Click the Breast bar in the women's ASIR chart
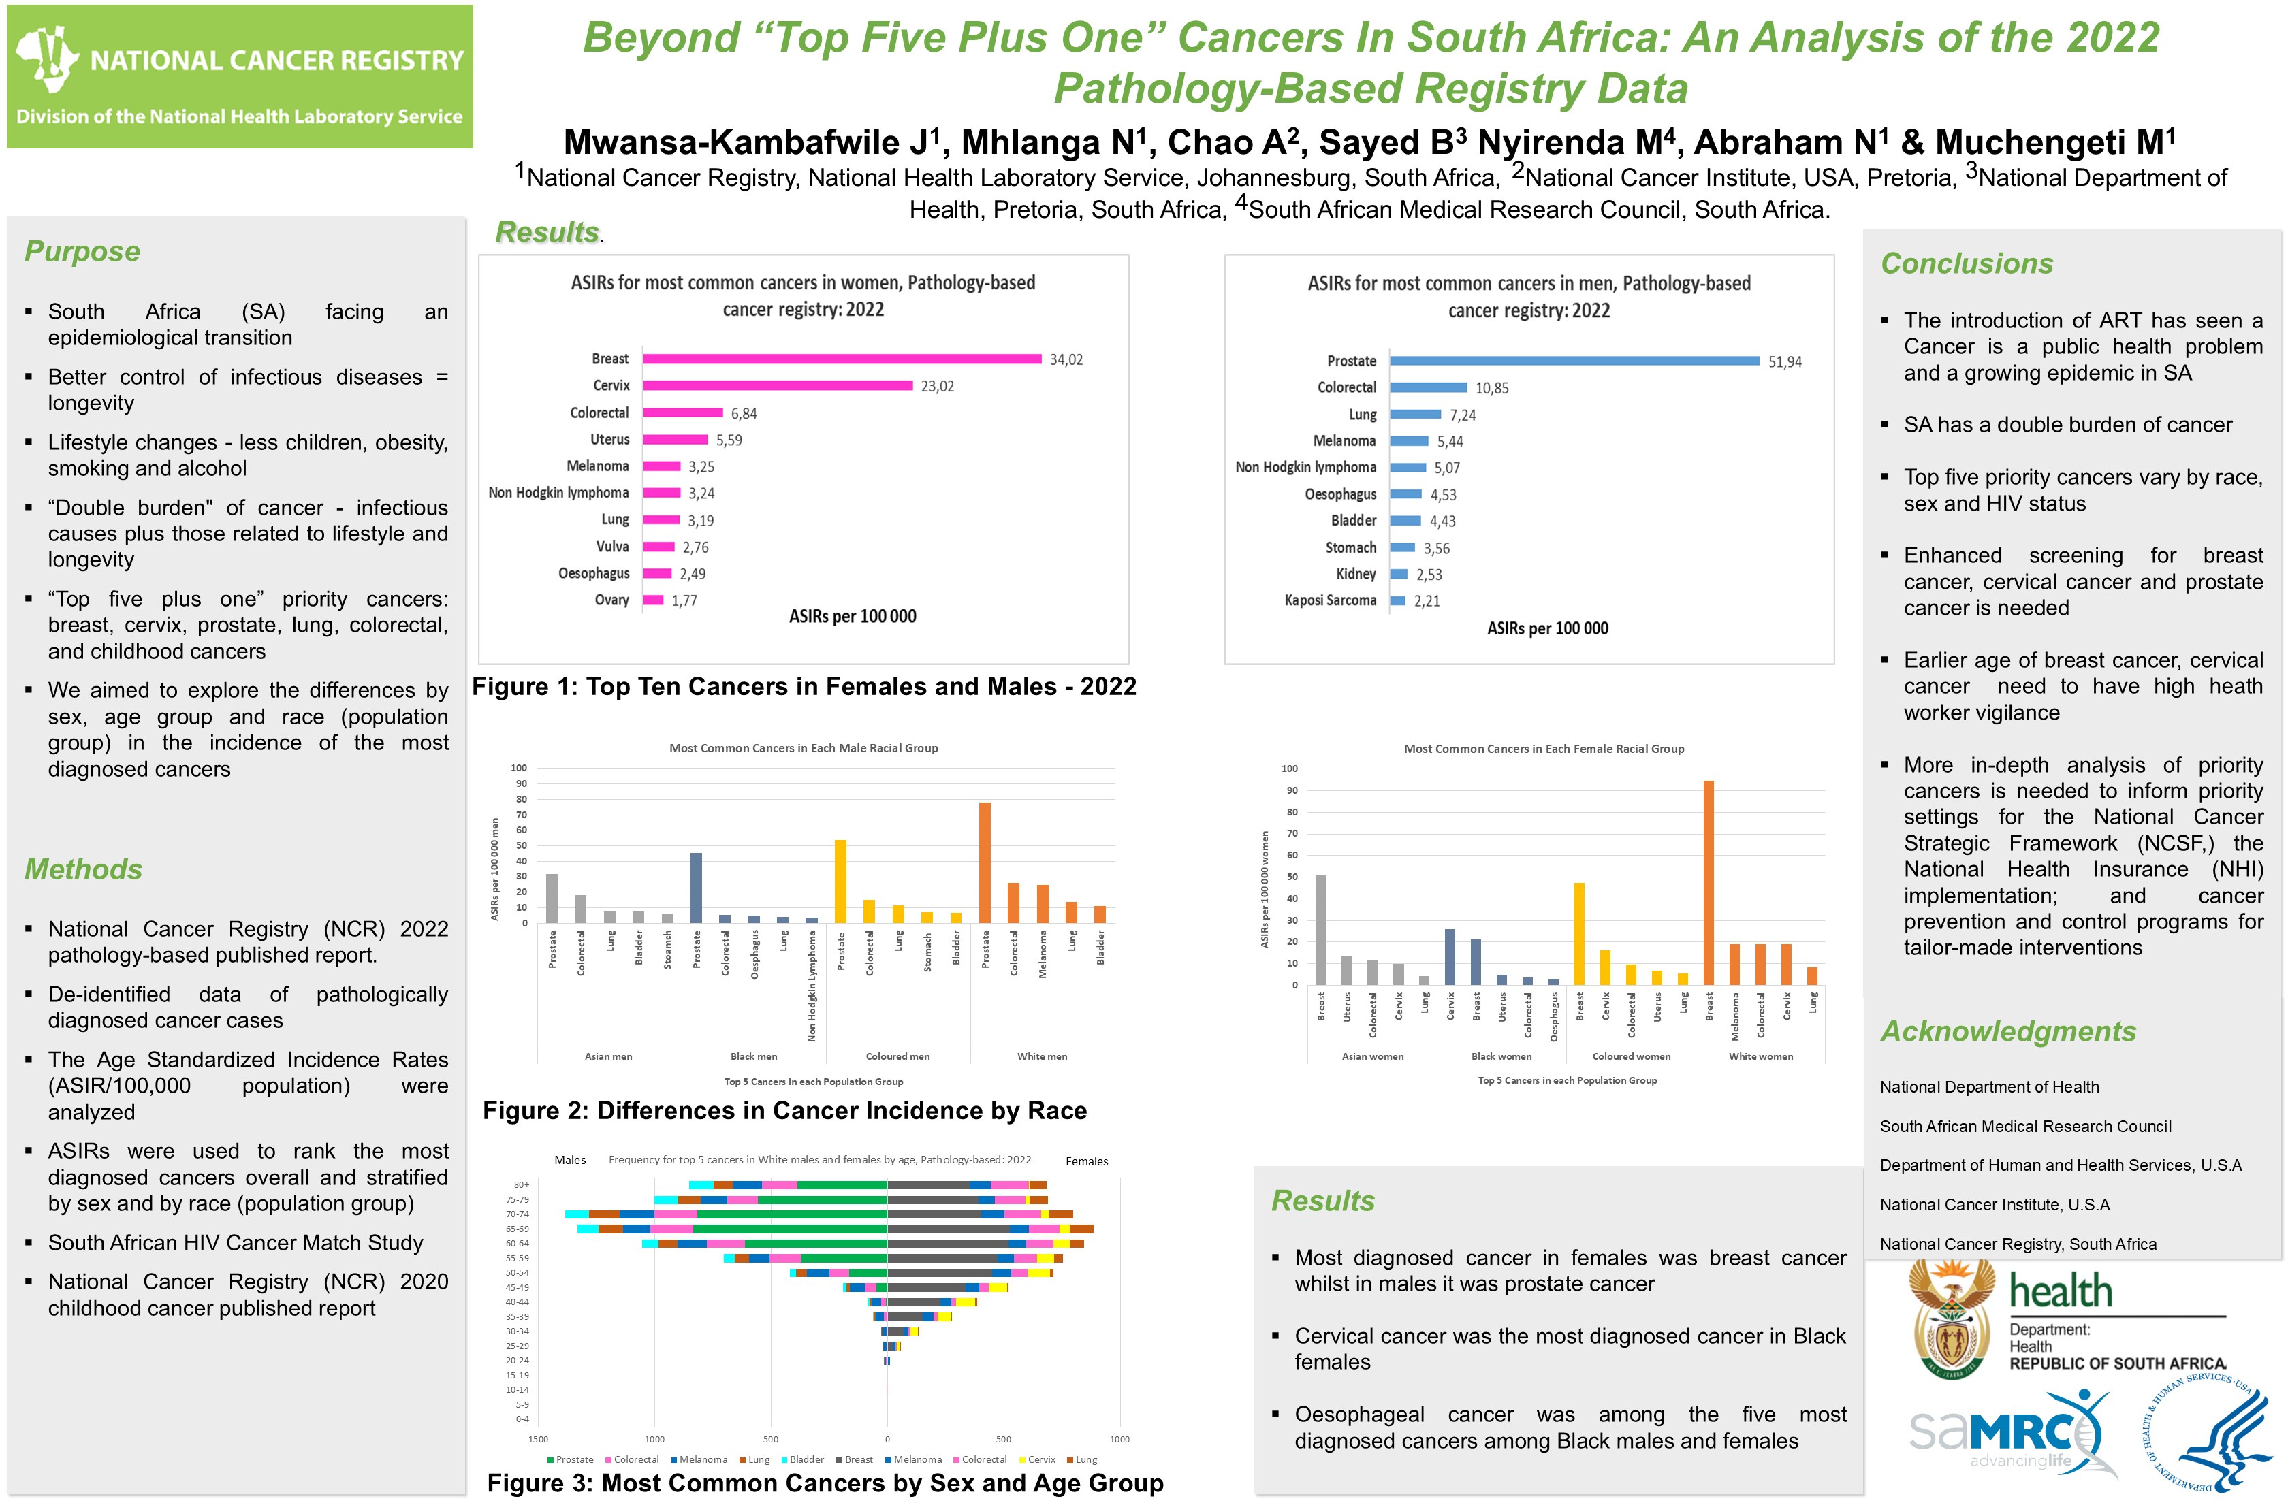coord(841,359)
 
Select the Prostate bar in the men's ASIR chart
coord(1574,361)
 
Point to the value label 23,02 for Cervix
coord(937,387)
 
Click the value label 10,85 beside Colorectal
coord(1492,388)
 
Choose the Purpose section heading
coord(82,252)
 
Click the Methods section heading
coord(84,870)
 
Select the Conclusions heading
coord(1966,264)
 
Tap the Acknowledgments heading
coord(2007,1032)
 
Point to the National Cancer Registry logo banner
coord(240,77)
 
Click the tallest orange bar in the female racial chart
coord(1709,882)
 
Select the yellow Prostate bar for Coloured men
coord(840,882)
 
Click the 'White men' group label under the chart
coord(1042,1057)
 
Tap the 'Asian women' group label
coord(1372,1057)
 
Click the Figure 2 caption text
coord(784,1111)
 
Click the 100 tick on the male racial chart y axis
coord(519,768)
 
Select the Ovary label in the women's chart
coord(611,600)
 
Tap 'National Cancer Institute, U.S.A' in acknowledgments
coord(1994,1205)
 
